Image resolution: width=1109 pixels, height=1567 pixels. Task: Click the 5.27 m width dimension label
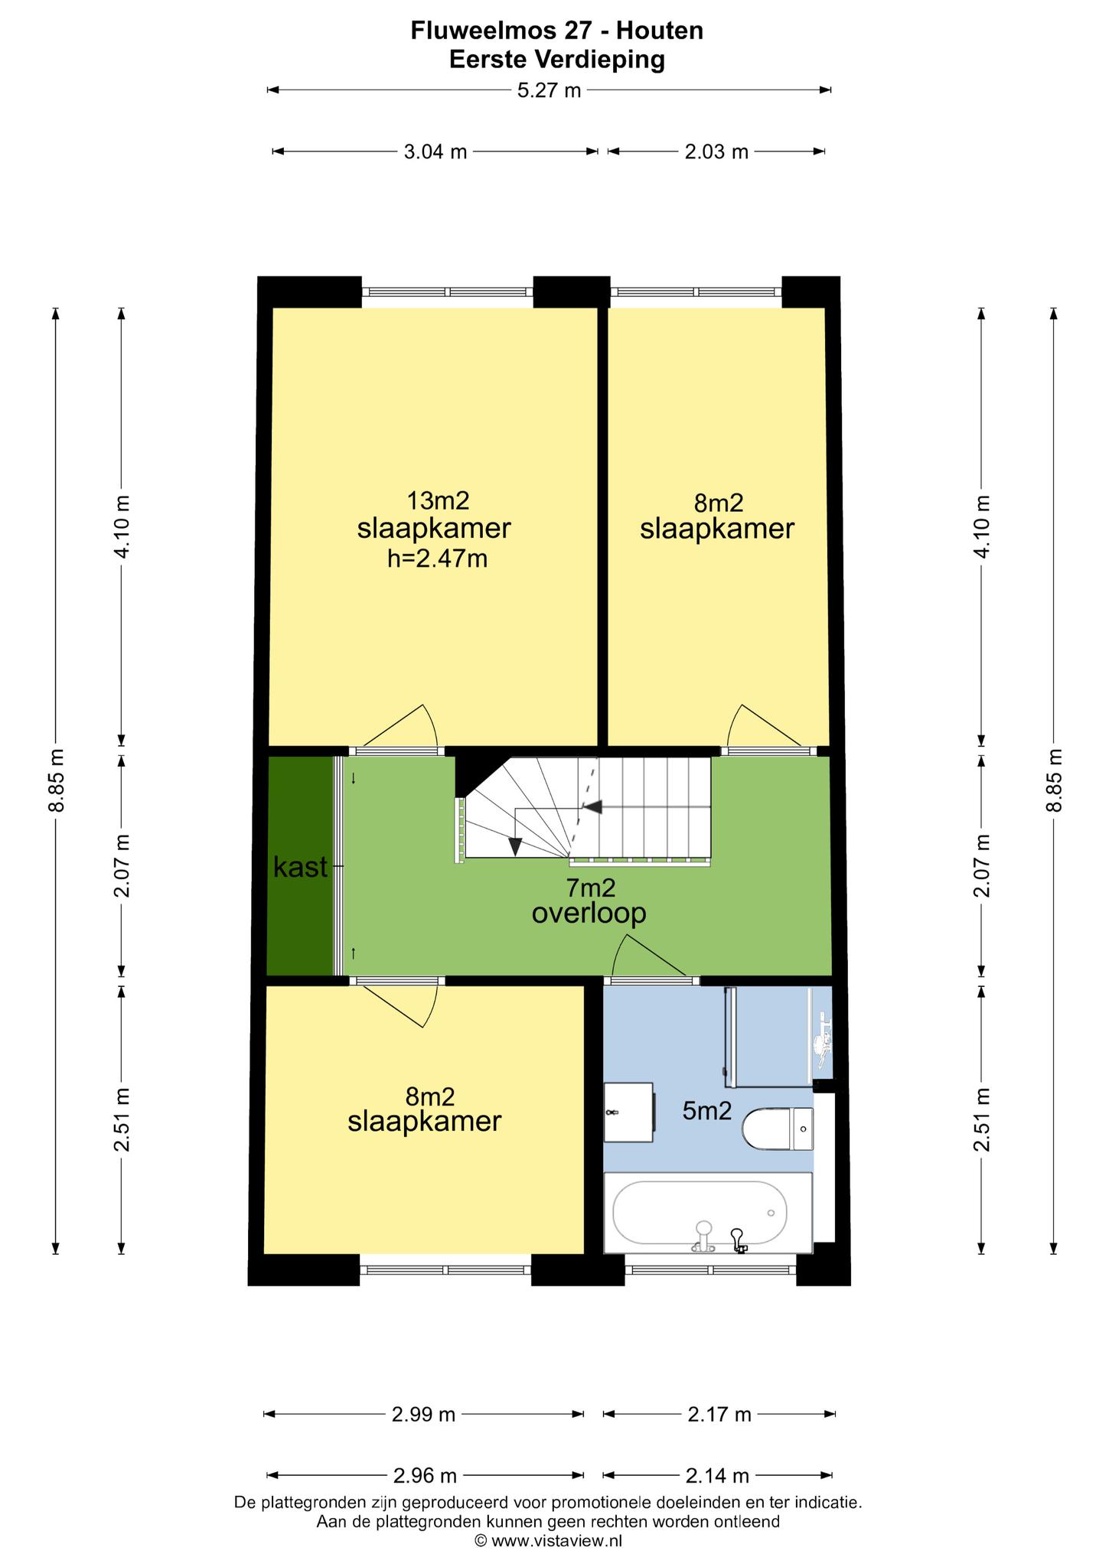point(549,90)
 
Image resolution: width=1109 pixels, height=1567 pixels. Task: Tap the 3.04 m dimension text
point(435,151)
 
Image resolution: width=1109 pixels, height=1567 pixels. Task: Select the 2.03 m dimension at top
point(716,151)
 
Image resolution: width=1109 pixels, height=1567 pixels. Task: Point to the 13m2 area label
point(438,500)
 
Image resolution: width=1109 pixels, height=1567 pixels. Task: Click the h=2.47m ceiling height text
point(437,559)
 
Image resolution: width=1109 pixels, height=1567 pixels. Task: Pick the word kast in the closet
point(301,867)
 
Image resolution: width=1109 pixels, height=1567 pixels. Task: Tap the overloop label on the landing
point(589,913)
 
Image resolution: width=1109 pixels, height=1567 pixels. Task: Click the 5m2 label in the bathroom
point(707,1110)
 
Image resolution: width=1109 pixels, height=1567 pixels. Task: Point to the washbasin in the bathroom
point(628,1113)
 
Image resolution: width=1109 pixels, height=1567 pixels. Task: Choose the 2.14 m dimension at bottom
point(717,1474)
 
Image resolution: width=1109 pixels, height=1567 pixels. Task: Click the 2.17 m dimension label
point(719,1415)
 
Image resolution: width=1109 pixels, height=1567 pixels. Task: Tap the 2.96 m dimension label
point(425,1474)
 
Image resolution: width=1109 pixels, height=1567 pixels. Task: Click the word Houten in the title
point(660,31)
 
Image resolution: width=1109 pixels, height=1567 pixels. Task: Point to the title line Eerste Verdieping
point(557,59)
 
